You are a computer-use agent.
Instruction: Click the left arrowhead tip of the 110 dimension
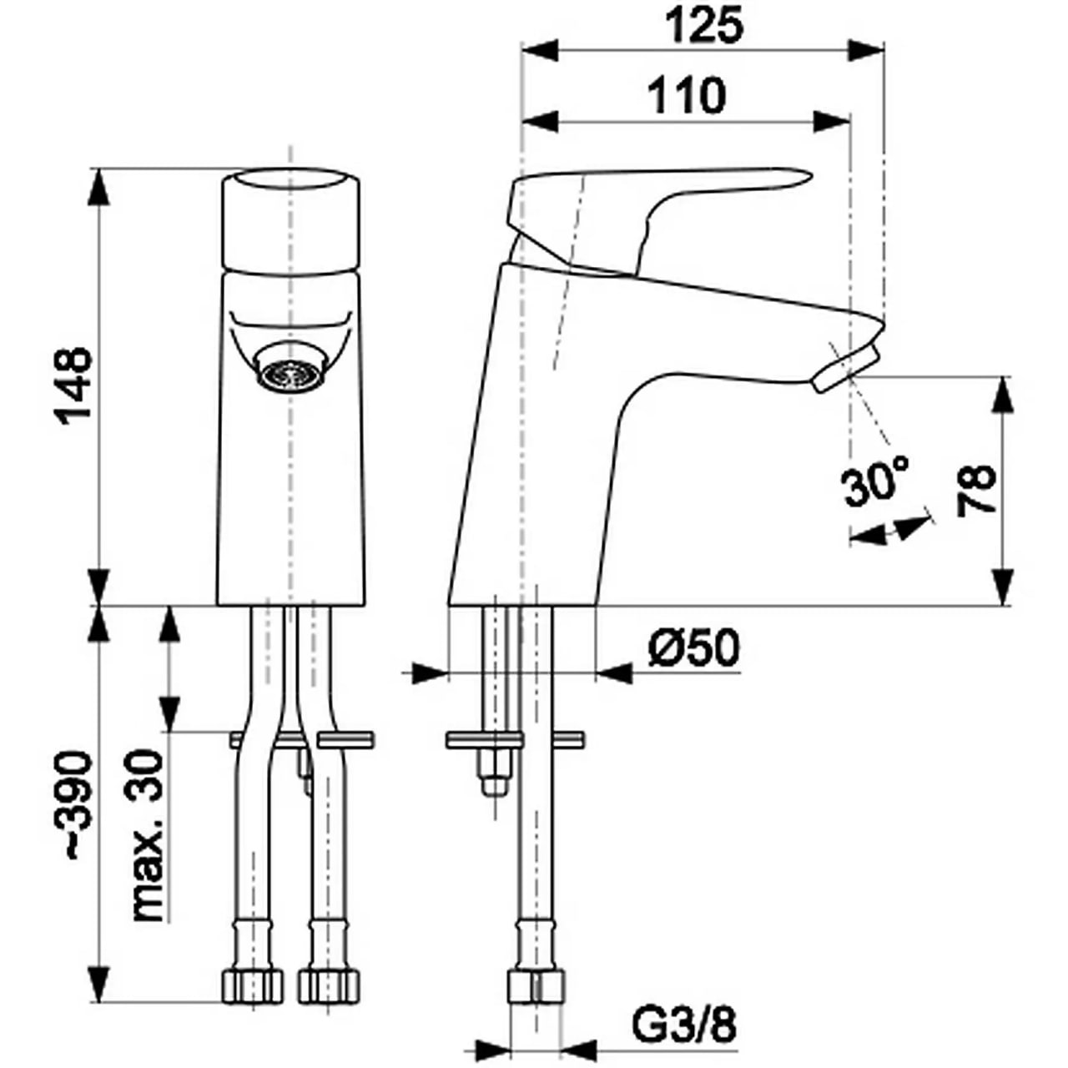(521, 121)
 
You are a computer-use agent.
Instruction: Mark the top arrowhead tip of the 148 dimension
(100, 168)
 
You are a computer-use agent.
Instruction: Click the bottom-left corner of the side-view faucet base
(448, 605)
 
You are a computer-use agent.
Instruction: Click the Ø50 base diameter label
(694, 649)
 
